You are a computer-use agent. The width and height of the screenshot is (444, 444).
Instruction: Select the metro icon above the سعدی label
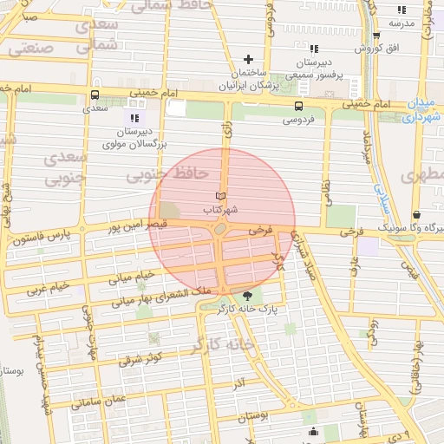tap(94, 95)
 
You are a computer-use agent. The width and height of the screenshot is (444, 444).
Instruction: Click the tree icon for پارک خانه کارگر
tap(249, 296)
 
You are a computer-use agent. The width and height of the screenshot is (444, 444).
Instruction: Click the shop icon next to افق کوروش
tap(375, 38)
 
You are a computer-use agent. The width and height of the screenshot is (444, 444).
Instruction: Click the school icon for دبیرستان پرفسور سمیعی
tap(313, 49)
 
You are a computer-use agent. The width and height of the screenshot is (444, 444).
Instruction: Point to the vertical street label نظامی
tap(327, 192)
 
